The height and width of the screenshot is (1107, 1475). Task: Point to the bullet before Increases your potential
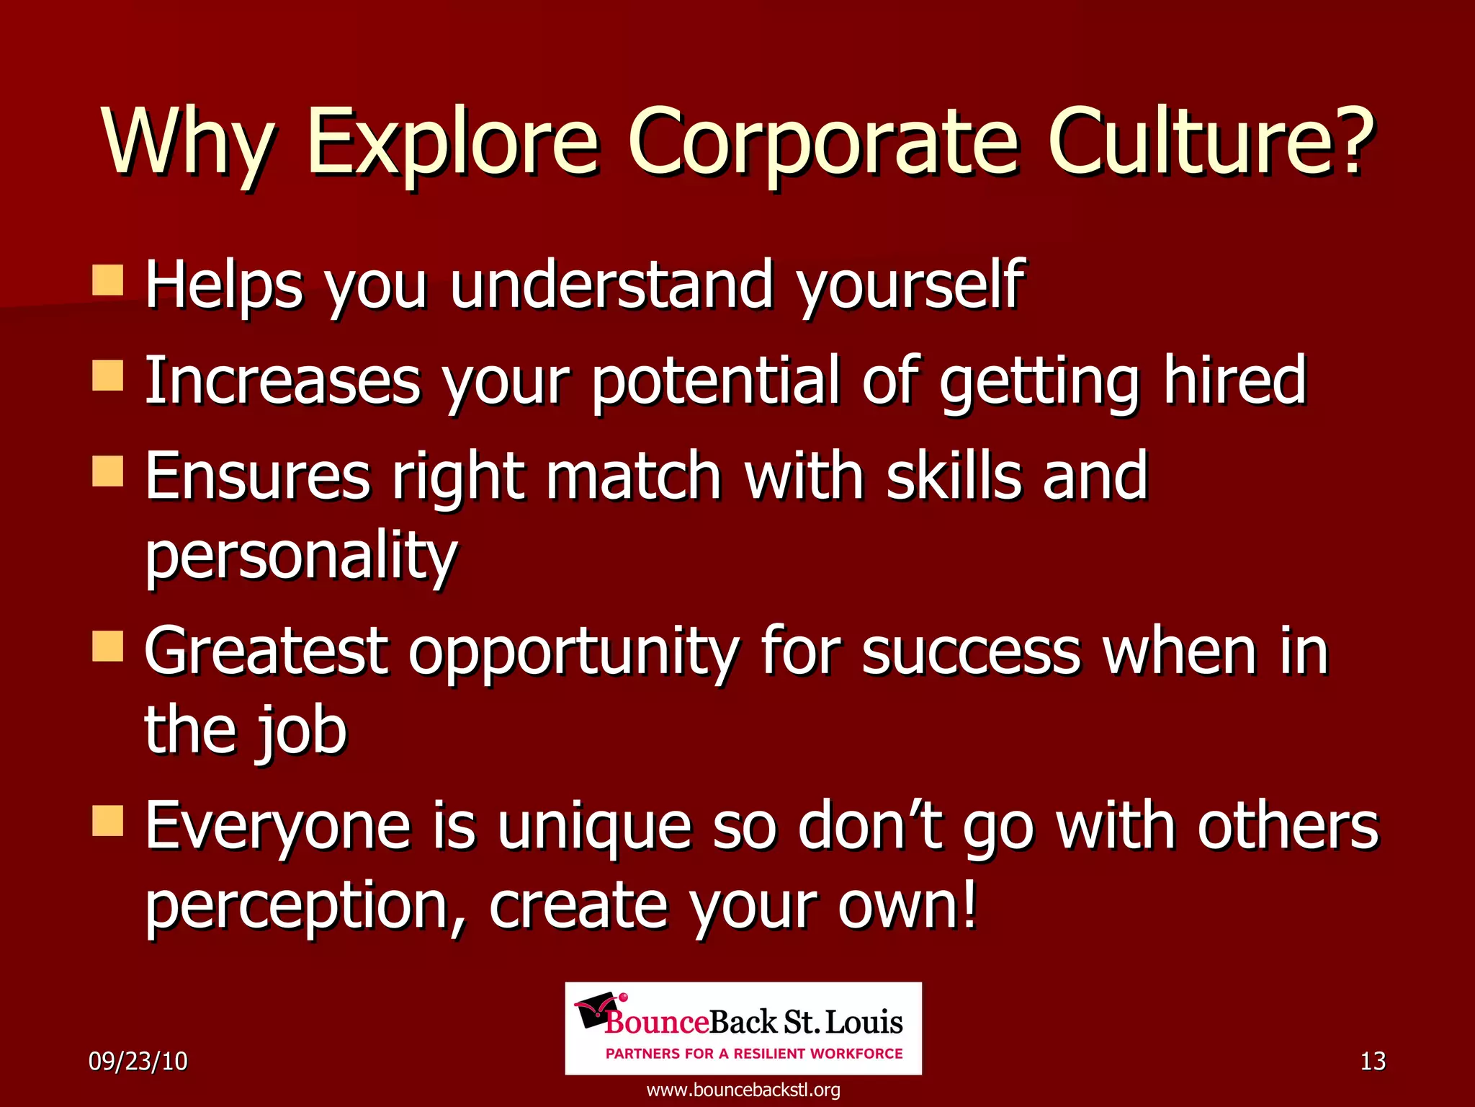coord(108,375)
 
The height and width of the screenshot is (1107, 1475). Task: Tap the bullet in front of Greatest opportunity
coord(108,646)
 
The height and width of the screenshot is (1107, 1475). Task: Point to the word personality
coord(301,556)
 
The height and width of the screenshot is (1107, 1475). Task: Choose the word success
coord(970,652)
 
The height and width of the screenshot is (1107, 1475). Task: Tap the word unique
coord(594,827)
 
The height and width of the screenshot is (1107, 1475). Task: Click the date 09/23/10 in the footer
coord(138,1061)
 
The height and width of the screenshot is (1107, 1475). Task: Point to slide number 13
coord(1373,1061)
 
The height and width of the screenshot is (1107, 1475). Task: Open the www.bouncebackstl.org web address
coord(743,1090)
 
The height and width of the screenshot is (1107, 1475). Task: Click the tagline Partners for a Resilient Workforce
coord(754,1054)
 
